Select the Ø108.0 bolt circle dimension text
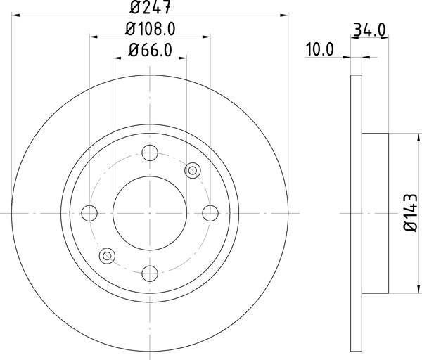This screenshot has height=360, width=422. [x=149, y=30]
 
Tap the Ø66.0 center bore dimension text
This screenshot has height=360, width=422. [x=149, y=51]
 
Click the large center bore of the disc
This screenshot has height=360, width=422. [x=150, y=212]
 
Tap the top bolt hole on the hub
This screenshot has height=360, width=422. [x=150, y=153]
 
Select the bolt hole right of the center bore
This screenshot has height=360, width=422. [x=210, y=212]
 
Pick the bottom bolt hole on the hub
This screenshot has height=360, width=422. [x=150, y=272]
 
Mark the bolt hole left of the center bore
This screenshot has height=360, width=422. [x=90, y=212]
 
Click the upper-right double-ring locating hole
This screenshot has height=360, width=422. [x=191, y=170]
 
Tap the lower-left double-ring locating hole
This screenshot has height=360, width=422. [x=108, y=255]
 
